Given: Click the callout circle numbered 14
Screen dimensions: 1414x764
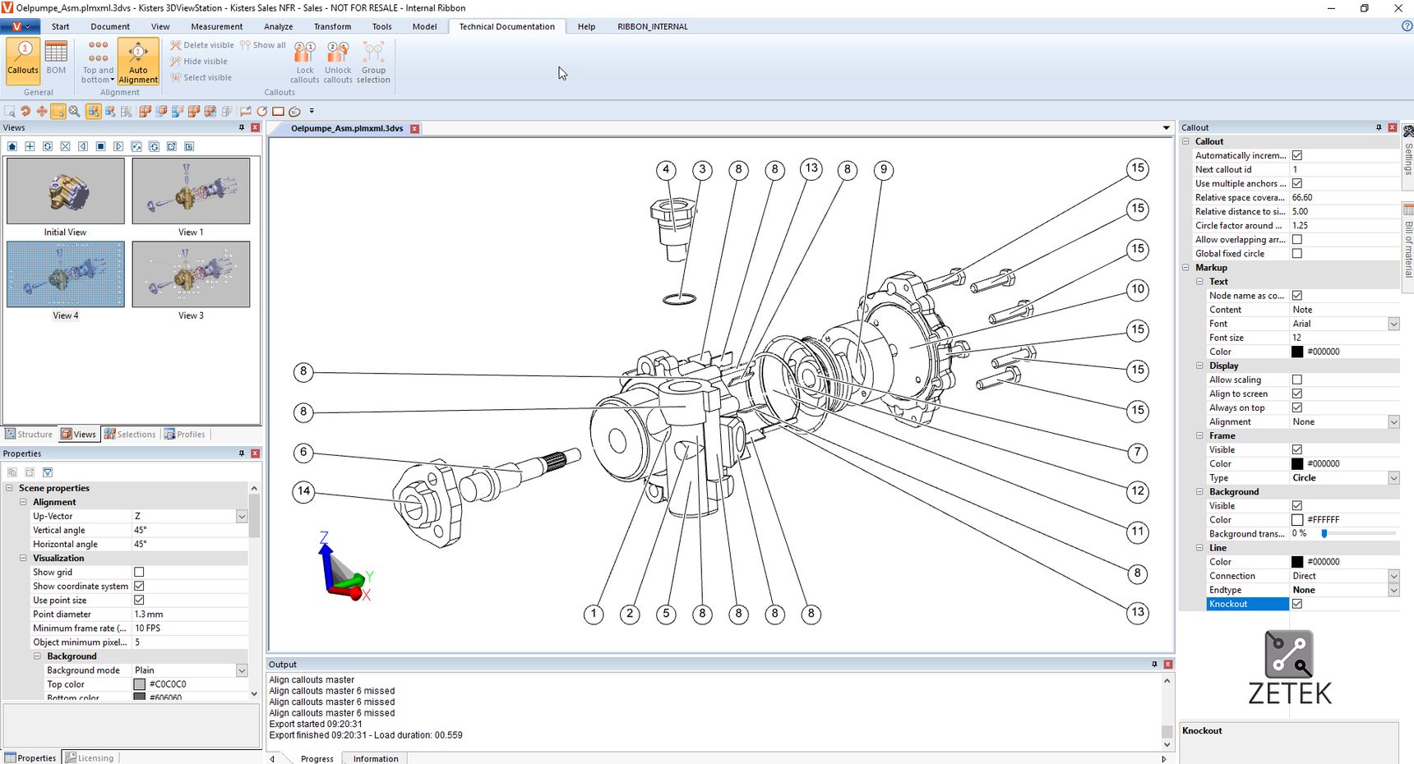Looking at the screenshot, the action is [x=303, y=491].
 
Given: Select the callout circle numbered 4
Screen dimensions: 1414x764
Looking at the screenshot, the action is [x=666, y=170].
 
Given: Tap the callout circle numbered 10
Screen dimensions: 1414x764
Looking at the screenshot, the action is [x=1138, y=289].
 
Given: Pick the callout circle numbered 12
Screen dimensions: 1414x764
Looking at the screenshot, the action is [x=1138, y=491].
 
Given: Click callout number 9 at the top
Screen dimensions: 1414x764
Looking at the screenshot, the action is [x=884, y=170].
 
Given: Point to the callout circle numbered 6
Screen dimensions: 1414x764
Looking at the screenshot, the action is [x=303, y=452].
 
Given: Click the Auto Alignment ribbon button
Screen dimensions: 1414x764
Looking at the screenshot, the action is [x=138, y=62].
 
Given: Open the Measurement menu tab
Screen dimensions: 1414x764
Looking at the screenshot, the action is [x=217, y=26].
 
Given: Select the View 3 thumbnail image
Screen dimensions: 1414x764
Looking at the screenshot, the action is [x=191, y=274].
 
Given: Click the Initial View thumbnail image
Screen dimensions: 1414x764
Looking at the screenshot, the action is [x=66, y=191].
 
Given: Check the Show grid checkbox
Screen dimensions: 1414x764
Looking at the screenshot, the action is [x=139, y=572].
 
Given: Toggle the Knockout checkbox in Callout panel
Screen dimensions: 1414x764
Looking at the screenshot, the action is [x=1297, y=604].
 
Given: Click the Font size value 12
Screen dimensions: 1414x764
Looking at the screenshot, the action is [x=1297, y=338].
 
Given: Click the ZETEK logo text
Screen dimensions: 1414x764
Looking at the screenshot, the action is [x=1290, y=693].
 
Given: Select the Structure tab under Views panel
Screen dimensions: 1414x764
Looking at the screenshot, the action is [x=30, y=435].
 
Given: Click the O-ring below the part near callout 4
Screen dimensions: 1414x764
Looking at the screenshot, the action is [x=679, y=298].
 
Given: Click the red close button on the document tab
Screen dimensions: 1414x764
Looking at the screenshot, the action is [x=415, y=129].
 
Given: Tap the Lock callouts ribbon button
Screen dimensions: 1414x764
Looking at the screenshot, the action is [x=304, y=62].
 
